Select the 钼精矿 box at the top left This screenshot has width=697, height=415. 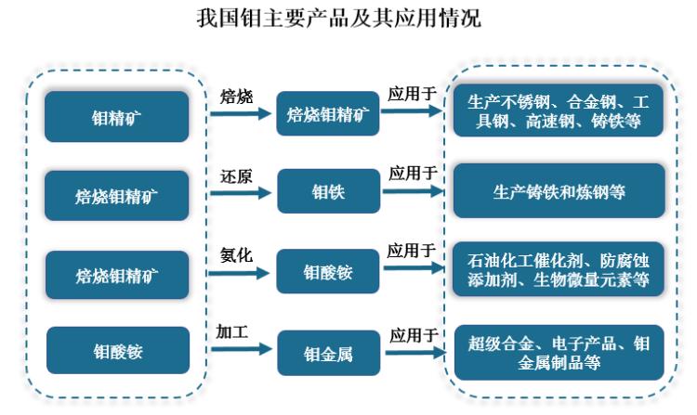pos(116,117)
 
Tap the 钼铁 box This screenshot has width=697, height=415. pos(327,192)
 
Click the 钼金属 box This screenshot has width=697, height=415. pos(327,354)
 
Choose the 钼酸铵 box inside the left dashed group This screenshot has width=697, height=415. pos(116,351)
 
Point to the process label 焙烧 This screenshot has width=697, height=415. pos(236,96)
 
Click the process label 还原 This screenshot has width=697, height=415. pos(235,175)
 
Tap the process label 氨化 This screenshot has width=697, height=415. pos(235,254)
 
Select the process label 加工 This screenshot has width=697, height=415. pos(231,332)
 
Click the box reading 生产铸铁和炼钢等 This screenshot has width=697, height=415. pos(558,192)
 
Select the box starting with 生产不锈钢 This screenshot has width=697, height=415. pos(558,112)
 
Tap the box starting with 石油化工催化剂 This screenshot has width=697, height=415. pos(558,270)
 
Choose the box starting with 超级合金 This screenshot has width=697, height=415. pos(558,352)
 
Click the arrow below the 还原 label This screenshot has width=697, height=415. pos(240,194)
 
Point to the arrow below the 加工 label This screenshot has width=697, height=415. pos(240,352)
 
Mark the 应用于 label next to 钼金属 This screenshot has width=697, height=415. pos(413,335)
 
